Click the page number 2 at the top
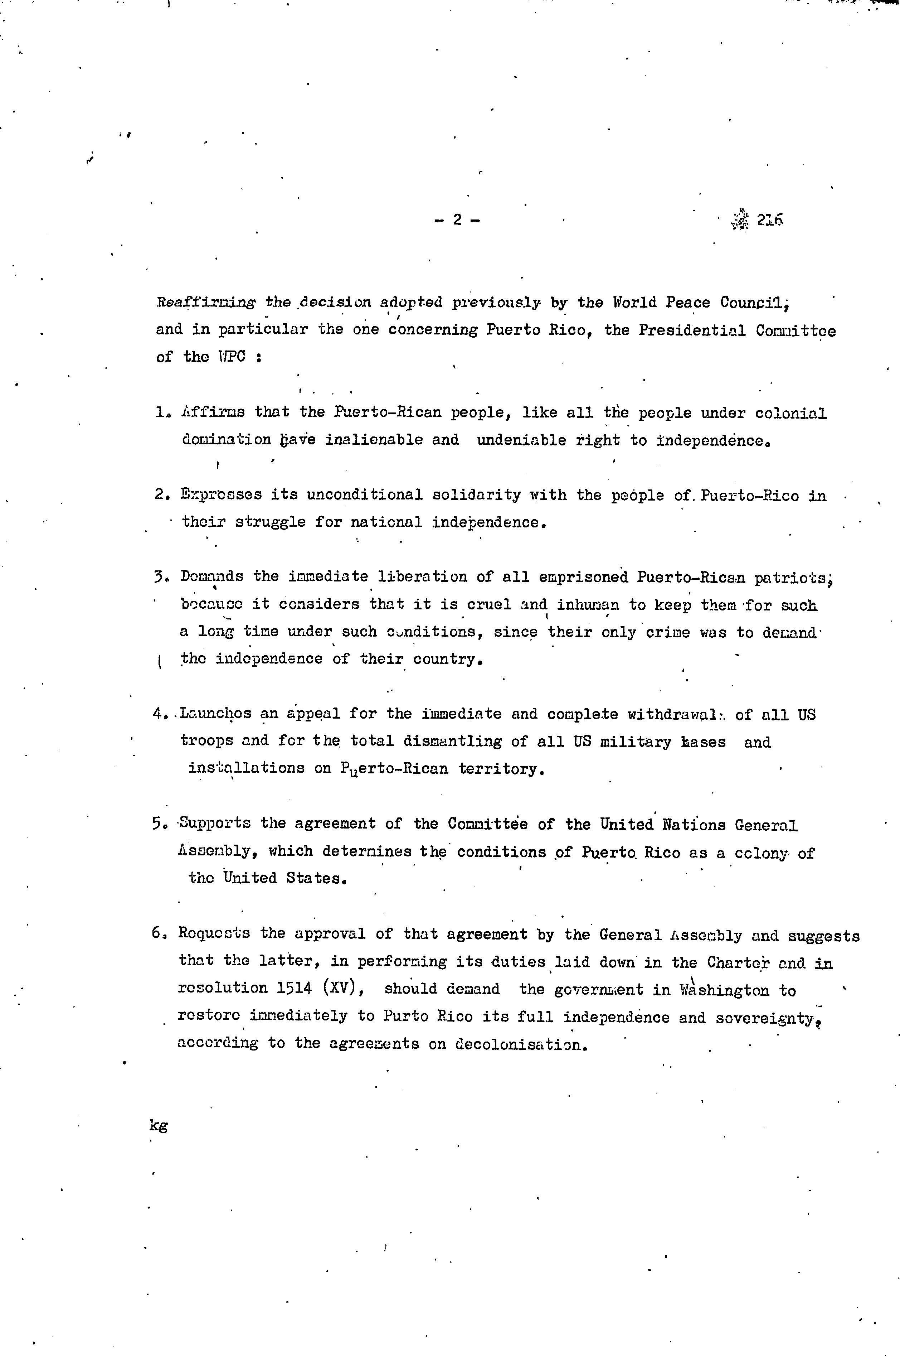coord(457,219)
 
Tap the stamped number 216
coord(770,220)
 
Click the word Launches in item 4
coord(215,714)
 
